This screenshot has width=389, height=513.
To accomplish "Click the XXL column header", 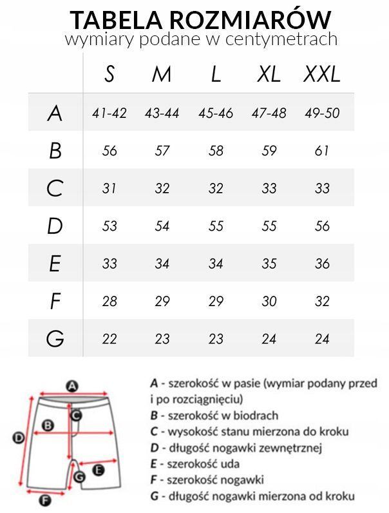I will (x=321, y=75).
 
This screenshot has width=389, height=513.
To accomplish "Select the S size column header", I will (x=109, y=75).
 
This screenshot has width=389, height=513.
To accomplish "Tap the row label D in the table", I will (x=55, y=226).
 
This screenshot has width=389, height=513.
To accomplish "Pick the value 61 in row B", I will (x=322, y=151).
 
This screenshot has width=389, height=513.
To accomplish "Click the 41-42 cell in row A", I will (x=109, y=113).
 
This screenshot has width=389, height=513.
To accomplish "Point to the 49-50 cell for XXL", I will (x=322, y=113).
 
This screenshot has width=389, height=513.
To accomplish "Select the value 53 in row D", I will (x=109, y=226).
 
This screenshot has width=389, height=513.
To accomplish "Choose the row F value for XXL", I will (x=322, y=302).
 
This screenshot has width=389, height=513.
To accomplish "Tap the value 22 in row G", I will (x=109, y=339).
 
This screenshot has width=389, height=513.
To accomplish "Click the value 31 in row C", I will (x=109, y=189).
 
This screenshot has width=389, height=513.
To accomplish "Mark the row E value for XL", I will (x=269, y=264).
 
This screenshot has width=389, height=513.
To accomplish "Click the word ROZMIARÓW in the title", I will (x=258, y=19).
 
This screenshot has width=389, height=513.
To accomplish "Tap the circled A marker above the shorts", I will (x=72, y=386).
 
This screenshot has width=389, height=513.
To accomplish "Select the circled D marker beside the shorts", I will (x=19, y=438).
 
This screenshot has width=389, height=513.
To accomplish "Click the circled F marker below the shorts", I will (x=45, y=499).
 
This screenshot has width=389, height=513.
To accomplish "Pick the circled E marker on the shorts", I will (x=99, y=470).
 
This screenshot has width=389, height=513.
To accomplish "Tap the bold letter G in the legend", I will (x=153, y=496).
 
